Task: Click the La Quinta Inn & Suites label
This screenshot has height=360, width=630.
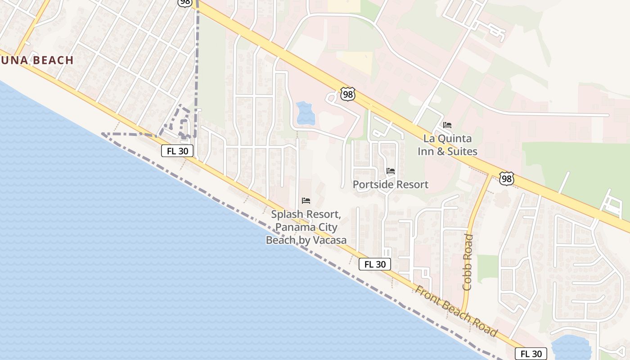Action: (x=447, y=145)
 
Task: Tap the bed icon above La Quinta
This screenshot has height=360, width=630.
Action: (x=447, y=125)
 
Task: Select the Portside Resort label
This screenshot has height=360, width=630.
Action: (x=390, y=184)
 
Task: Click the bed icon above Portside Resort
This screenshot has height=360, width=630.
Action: (x=390, y=171)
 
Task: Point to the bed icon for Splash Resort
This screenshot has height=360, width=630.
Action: (x=306, y=200)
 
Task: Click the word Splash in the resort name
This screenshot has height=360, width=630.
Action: (x=286, y=215)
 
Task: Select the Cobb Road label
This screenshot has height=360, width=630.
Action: (x=468, y=262)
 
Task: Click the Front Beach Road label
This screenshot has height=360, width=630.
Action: (x=456, y=311)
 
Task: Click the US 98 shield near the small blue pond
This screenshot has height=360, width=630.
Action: (x=347, y=94)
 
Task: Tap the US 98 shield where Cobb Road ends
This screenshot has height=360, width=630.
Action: (x=507, y=179)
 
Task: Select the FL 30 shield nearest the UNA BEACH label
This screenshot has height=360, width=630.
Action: (x=177, y=151)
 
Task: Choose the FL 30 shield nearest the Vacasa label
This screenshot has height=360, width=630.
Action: (x=375, y=265)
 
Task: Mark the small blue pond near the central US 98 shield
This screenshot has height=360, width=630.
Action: (x=306, y=113)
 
